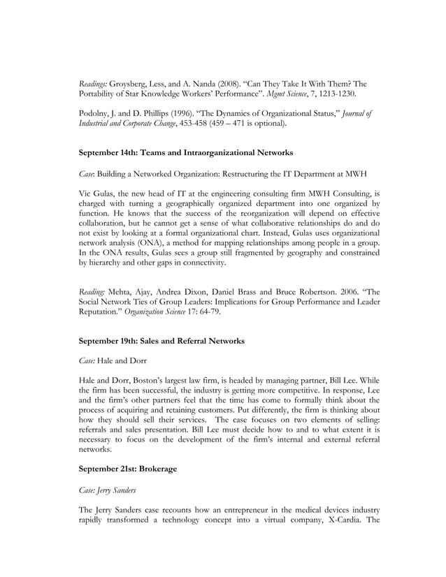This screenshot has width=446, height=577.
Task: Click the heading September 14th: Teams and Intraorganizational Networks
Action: [x=186, y=152]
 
